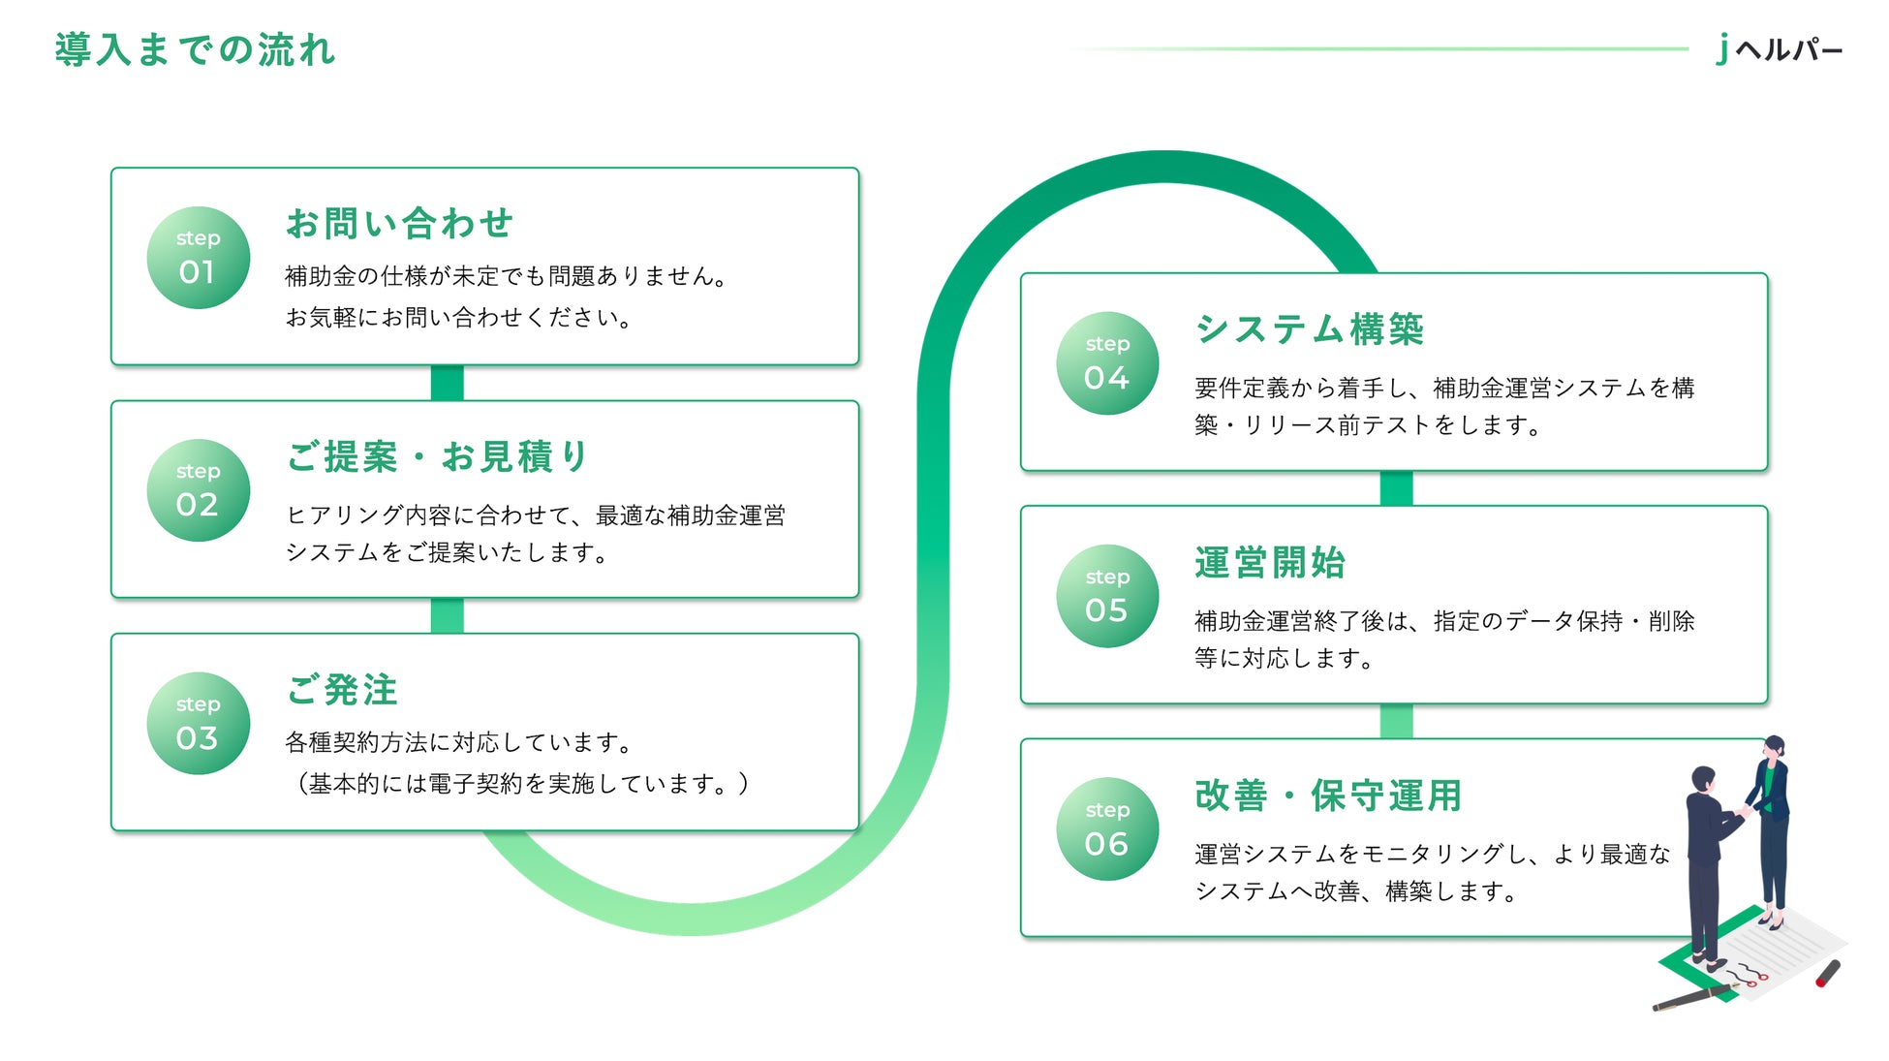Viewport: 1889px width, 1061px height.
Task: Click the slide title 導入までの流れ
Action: [x=195, y=49]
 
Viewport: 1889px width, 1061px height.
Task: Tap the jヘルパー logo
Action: [x=1779, y=48]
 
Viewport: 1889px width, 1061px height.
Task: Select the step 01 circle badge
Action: [x=198, y=258]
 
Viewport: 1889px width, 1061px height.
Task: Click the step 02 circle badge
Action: [x=198, y=490]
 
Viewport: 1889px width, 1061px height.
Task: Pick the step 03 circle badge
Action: [x=198, y=724]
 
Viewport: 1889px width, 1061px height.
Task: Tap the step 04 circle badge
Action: [x=1107, y=363]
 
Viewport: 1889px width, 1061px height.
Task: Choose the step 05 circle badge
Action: [x=1107, y=596]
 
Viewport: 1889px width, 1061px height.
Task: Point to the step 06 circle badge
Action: [x=1107, y=829]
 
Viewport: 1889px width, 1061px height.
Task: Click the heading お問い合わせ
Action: [x=399, y=223]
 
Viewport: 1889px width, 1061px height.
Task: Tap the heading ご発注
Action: [x=342, y=690]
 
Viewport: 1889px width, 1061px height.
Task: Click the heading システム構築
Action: [x=1309, y=329]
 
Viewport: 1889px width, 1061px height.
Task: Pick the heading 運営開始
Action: [x=1270, y=562]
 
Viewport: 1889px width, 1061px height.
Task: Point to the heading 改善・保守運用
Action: [x=1328, y=796]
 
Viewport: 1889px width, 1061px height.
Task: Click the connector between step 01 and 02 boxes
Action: [x=447, y=383]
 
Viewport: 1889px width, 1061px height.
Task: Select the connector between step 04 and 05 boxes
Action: [x=1396, y=488]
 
